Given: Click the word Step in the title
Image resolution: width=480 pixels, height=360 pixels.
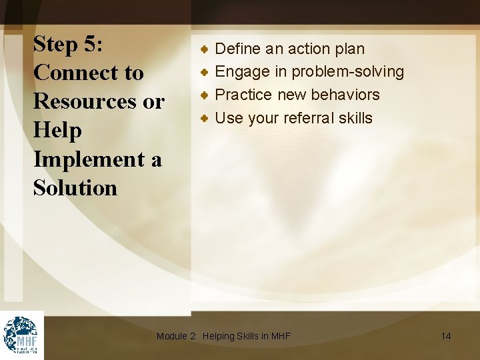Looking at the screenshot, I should pos(56,45).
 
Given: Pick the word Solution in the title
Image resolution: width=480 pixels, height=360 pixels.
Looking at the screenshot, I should pos(75,188).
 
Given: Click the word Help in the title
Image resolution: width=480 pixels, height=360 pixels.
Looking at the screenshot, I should pos(58,131).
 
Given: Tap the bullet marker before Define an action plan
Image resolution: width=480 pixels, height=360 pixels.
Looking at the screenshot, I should pos(207,49).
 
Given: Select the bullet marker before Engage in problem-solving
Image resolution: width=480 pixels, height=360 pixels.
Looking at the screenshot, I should pos(207,71).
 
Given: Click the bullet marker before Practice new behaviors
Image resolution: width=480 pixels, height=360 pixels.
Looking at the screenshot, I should pos(207,95).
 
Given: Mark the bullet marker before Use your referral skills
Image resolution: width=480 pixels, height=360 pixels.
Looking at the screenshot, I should pos(207,118).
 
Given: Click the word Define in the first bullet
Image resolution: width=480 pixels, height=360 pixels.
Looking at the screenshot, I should pos(238,49).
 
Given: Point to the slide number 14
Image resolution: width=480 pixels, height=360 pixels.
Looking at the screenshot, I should pos(446,336).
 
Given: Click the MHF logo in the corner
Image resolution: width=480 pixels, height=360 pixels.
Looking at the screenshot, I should pos(21,335).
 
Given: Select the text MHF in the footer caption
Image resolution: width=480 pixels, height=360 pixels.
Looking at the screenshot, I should pos(281,336).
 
